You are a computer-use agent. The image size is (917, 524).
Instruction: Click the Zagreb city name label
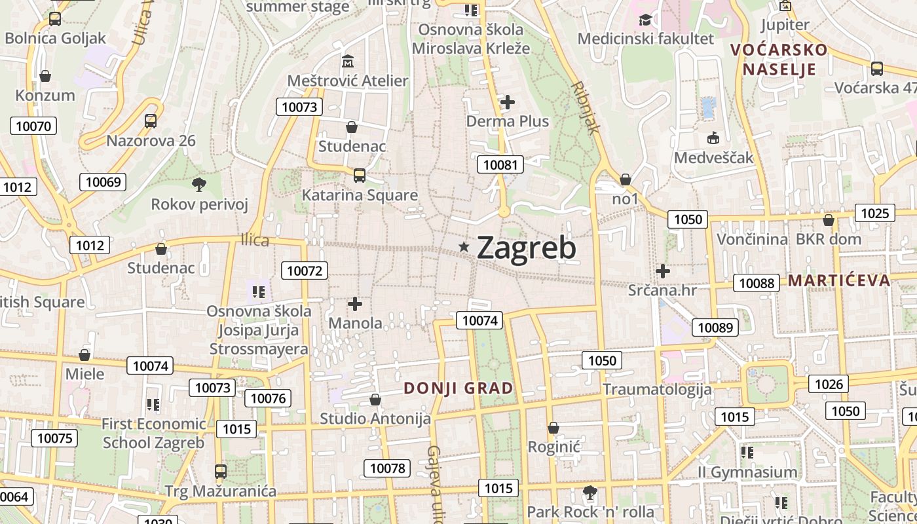[527, 248]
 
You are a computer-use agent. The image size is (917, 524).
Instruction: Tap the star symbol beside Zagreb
[464, 247]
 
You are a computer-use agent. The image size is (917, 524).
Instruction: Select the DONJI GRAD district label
[458, 388]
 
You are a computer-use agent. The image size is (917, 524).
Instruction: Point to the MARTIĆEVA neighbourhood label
[839, 281]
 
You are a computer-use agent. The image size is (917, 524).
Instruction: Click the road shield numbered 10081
[500, 164]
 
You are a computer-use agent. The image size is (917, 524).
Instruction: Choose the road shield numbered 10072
[305, 270]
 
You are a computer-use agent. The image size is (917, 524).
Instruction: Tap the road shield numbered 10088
[757, 283]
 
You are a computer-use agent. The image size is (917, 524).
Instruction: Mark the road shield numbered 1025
[875, 213]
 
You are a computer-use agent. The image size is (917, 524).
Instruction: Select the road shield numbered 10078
[387, 468]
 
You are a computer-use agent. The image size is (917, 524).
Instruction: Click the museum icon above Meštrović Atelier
[348, 62]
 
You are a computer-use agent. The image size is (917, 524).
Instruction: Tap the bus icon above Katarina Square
[359, 175]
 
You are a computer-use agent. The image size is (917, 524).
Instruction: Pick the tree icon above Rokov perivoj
[199, 185]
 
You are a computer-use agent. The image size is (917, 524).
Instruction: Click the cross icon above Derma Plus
[508, 102]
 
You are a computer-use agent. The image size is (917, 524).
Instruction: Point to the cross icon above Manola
[355, 304]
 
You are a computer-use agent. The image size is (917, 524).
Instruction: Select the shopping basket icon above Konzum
[45, 76]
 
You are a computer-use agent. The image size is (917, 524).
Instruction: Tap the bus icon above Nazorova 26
[151, 121]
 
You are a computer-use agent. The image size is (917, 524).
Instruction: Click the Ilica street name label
[255, 240]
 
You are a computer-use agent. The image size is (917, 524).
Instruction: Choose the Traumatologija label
[657, 389]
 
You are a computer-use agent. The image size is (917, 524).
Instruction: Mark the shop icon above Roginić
[553, 428]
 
